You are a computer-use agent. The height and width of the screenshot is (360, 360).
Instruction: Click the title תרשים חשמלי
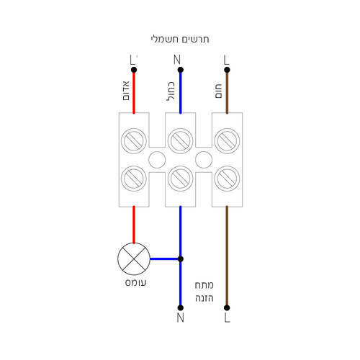click(180, 39)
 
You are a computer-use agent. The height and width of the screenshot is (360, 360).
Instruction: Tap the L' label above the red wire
click(133, 60)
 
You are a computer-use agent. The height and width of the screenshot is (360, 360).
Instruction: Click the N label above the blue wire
click(177, 60)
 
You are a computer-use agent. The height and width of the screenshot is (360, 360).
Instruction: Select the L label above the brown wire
click(226, 60)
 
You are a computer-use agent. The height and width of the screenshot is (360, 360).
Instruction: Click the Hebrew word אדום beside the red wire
click(126, 91)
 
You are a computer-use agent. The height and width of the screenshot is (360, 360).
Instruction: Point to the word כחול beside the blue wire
click(171, 91)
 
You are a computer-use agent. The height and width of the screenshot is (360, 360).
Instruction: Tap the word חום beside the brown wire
click(218, 91)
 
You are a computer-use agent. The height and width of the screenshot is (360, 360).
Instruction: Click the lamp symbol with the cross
click(134, 259)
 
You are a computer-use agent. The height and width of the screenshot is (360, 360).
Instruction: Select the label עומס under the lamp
click(135, 282)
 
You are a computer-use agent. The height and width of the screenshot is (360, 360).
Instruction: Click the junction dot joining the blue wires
click(181, 259)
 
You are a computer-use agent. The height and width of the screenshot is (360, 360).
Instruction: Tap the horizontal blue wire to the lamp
click(164, 259)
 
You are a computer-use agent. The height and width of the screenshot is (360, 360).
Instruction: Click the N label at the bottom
click(181, 318)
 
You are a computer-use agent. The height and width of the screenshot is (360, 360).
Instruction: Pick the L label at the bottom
click(227, 318)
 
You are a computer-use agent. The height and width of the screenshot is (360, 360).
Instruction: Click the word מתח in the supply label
click(204, 285)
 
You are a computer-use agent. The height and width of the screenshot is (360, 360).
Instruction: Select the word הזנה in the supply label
click(204, 298)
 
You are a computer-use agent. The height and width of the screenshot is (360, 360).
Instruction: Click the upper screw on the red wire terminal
click(134, 141)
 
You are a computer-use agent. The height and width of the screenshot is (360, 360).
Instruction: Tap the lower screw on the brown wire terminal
click(227, 179)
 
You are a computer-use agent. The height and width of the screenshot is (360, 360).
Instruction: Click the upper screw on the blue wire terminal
click(181, 141)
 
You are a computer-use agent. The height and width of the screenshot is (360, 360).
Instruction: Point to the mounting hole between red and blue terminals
click(157, 160)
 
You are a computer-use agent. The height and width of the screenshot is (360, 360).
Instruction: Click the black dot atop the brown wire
click(227, 70)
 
